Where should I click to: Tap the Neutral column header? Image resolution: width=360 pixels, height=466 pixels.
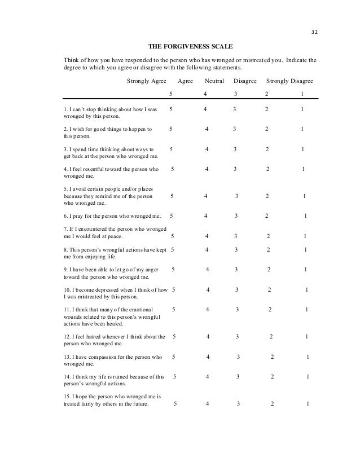[214, 81]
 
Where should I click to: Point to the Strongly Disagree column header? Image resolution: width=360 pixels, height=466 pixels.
[289, 81]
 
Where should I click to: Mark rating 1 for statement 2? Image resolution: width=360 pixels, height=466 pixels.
[302, 129]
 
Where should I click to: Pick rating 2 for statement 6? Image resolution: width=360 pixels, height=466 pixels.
[267, 216]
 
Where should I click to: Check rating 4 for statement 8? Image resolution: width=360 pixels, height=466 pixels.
[206, 249]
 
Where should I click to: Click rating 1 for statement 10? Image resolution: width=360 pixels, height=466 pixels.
[306, 290]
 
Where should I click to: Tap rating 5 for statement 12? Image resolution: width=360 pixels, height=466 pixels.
[173, 337]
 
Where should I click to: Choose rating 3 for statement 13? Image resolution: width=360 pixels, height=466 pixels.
[239, 357]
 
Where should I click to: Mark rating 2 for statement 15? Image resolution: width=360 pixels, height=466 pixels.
[272, 404]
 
